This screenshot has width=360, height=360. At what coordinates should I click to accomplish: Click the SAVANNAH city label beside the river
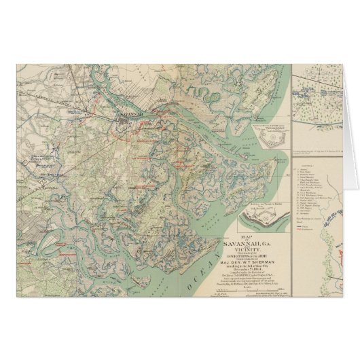(129, 114)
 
